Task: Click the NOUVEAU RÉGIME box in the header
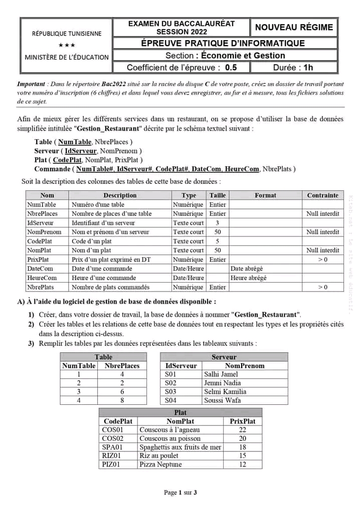294,28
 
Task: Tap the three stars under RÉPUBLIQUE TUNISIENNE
67,45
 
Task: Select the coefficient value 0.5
231,68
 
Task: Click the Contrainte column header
322,195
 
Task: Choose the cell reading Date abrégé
247,269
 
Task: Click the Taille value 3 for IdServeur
218,223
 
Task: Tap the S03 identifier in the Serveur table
171,392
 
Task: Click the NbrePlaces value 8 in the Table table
122,400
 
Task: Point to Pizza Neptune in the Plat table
160,464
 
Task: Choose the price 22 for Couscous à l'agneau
243,430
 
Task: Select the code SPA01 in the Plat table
112,447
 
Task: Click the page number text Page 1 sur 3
180,492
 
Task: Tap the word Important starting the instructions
31,84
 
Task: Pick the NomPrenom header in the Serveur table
245,366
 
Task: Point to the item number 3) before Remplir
31,344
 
